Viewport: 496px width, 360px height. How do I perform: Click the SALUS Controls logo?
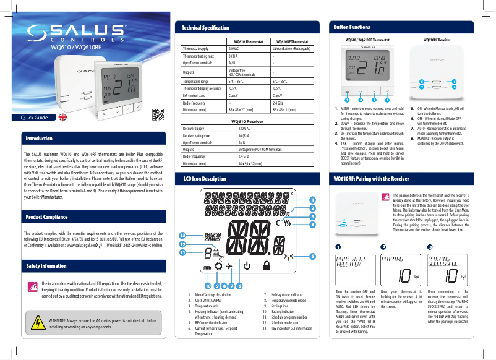click(x=80, y=34)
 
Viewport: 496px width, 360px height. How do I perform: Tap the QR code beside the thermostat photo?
click(x=158, y=114)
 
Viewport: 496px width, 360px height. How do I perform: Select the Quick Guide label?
click(x=35, y=118)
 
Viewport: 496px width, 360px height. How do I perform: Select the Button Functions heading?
click(x=352, y=28)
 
